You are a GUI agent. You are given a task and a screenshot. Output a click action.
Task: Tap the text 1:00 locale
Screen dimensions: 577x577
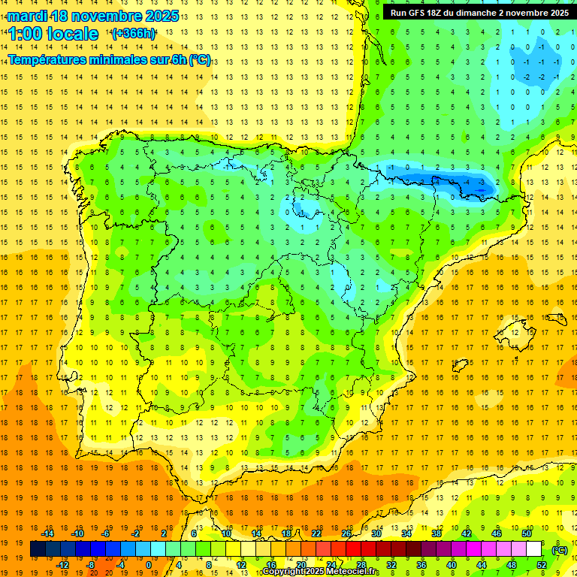pyautogui.click(x=53, y=34)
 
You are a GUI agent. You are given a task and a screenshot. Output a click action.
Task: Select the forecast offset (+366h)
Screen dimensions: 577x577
pyautogui.click(x=134, y=34)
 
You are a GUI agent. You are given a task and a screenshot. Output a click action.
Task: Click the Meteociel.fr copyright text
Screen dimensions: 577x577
pyautogui.click(x=320, y=572)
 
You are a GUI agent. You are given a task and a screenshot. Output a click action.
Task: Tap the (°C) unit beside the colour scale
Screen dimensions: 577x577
pyautogui.click(x=560, y=550)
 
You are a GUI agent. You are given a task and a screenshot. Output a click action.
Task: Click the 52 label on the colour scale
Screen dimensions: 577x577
pyautogui.click(x=541, y=565)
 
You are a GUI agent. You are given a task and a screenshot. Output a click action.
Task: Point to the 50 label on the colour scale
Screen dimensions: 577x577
pyautogui.click(x=526, y=533)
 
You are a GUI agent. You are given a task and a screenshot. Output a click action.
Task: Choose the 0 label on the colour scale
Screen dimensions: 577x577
pyautogui.click(x=150, y=565)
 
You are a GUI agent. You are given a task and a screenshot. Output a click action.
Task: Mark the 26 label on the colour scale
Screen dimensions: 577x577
pyautogui.click(x=346, y=533)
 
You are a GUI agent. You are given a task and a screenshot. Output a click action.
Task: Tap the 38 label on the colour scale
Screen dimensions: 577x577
pyautogui.click(x=436, y=533)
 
